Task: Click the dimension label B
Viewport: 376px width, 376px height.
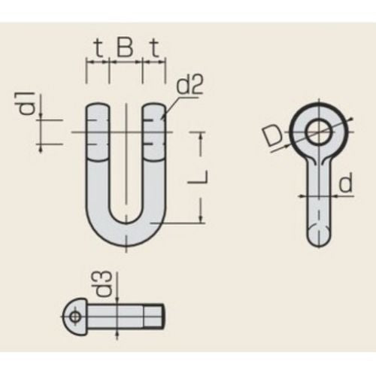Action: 125,48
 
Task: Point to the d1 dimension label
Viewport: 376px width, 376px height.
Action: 28,103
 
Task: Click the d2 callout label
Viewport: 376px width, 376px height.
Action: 190,85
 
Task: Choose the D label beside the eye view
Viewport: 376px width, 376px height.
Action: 272,138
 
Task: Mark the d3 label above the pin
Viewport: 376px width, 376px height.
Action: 103,284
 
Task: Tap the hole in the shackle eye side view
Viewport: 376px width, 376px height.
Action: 319,132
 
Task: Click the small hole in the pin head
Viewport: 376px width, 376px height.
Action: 74,317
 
